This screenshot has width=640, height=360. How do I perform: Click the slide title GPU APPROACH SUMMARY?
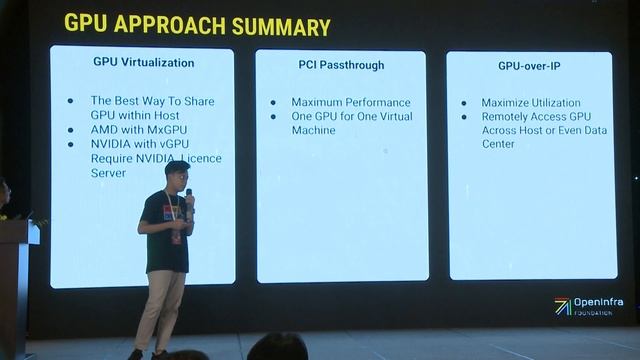(197, 25)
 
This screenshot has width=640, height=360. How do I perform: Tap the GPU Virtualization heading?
(143, 62)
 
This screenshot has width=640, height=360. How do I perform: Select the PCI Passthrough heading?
(341, 66)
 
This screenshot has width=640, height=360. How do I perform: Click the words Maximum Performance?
(350, 102)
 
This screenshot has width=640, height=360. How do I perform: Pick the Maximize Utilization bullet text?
(530, 103)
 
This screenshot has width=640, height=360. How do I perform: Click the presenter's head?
(176, 175)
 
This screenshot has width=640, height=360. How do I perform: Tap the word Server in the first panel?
(109, 173)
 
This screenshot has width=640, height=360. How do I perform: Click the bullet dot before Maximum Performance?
(272, 102)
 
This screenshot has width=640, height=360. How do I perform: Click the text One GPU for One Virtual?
(353, 116)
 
